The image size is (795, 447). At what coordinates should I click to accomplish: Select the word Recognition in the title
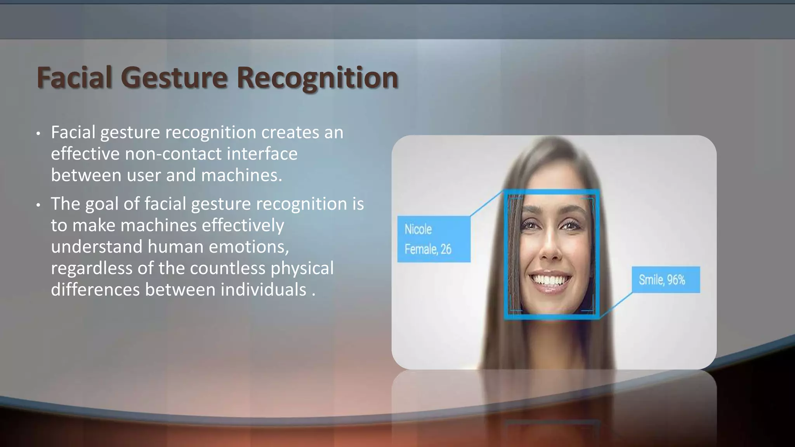tap(318, 78)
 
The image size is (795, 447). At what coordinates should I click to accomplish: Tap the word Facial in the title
tap(75, 78)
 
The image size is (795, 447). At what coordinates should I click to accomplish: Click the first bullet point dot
tap(38, 134)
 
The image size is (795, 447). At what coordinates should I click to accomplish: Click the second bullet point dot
tap(38, 205)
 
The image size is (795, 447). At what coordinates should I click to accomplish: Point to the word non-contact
tap(173, 154)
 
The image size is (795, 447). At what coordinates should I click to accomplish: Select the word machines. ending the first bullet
tap(241, 175)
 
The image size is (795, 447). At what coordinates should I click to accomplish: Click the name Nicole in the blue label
tap(418, 229)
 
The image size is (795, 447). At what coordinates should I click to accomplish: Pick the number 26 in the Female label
tap(446, 249)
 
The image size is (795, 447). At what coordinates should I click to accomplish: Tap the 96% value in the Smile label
tap(676, 280)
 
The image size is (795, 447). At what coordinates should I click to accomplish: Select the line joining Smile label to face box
tap(616, 305)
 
